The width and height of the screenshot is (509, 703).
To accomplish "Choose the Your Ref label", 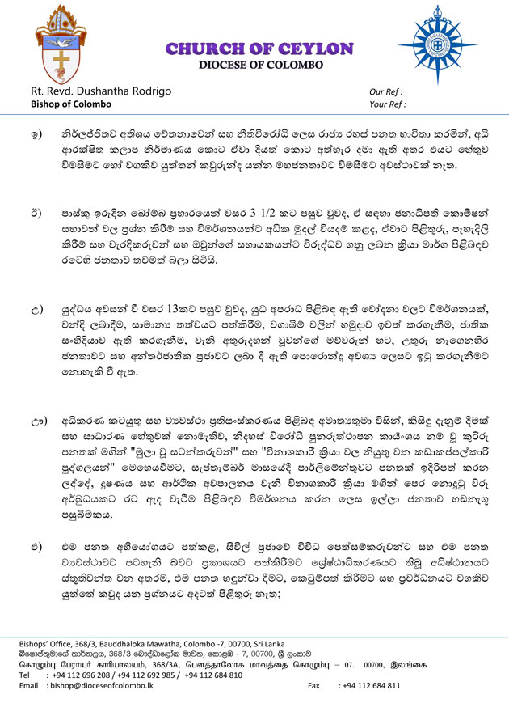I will [387, 104].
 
